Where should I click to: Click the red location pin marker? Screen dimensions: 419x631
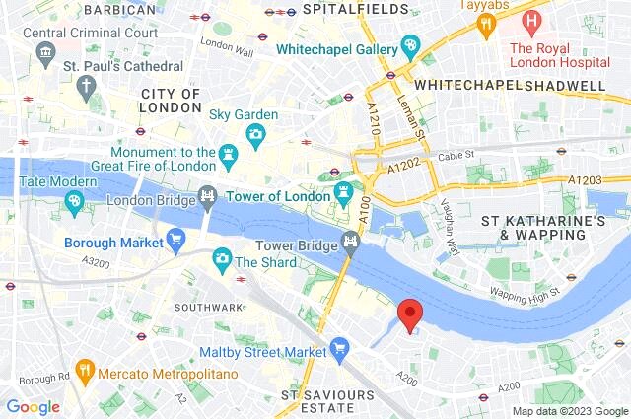pos(409,314)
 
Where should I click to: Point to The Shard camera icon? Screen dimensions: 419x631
pos(222,260)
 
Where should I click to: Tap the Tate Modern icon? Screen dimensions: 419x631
pos(75,201)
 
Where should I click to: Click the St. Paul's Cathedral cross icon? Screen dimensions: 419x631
pos(88,85)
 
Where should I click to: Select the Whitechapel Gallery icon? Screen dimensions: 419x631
pos(411,46)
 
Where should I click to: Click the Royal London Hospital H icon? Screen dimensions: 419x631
pos(533,20)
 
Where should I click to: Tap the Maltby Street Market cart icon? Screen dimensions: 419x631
pos(340,347)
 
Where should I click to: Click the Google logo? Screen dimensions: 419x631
pos(33,406)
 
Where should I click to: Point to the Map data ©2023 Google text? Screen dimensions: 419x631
pos(569,411)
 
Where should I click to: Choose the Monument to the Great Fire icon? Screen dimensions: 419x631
pos(229,154)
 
